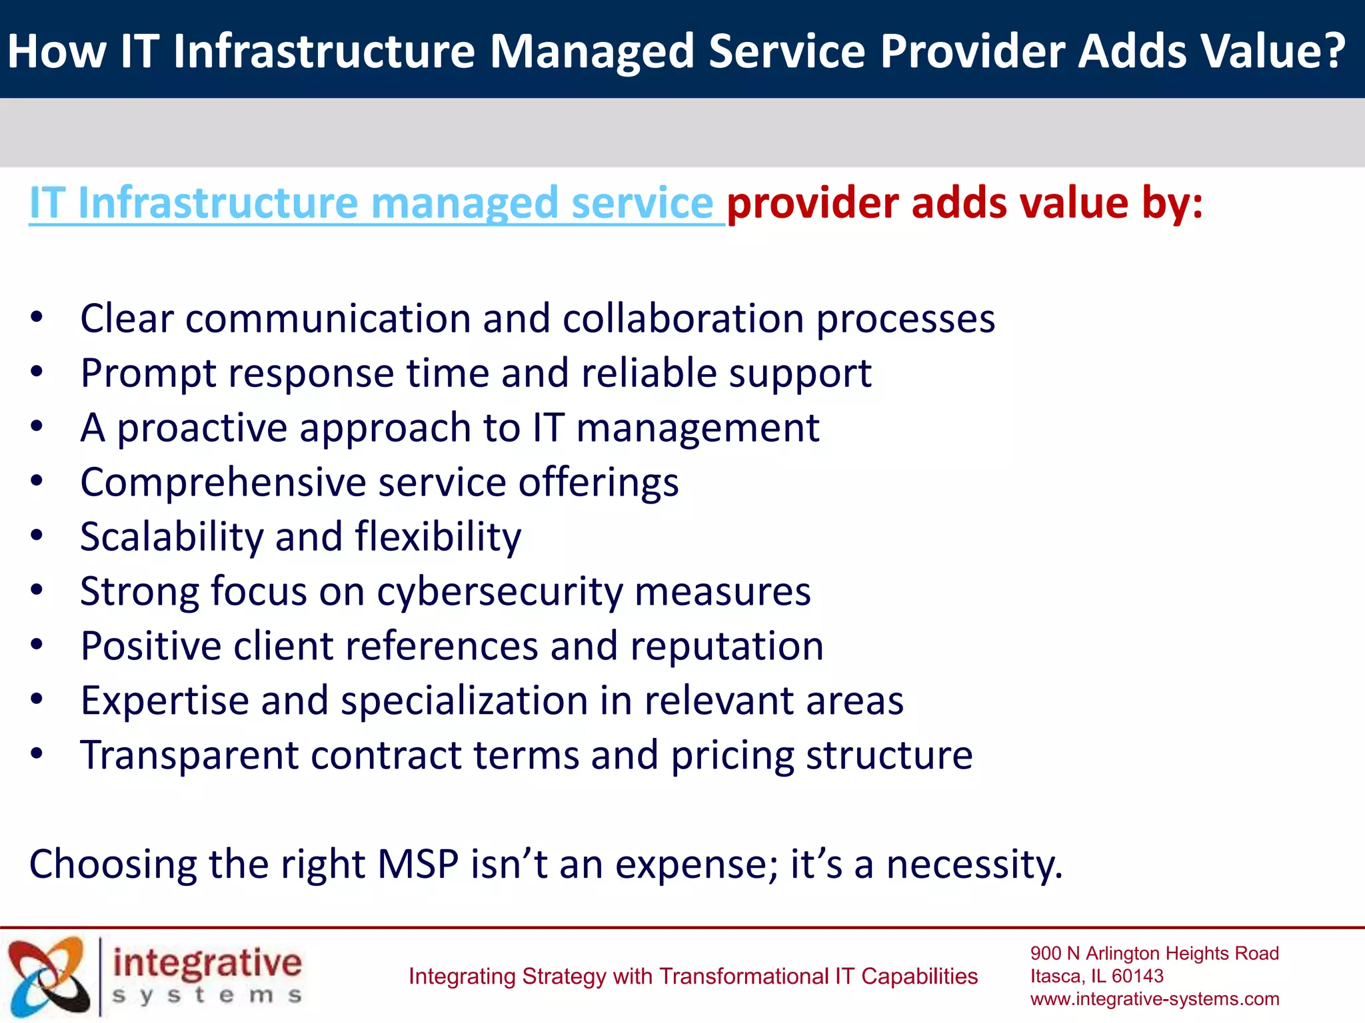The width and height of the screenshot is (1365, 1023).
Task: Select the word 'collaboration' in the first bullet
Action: [x=683, y=319]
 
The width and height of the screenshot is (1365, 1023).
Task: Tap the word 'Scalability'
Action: [x=171, y=537]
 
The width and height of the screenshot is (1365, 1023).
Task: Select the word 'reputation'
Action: [x=726, y=646]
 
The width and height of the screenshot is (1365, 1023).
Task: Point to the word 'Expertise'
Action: [x=164, y=701]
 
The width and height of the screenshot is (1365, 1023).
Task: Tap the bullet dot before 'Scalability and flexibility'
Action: [x=37, y=535]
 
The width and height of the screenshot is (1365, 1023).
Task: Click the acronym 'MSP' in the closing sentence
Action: [x=418, y=864]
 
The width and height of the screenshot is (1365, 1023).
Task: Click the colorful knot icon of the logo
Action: [x=49, y=976]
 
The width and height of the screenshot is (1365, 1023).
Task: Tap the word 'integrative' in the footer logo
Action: [x=207, y=964]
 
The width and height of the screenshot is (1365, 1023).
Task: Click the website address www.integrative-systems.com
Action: [x=1154, y=999]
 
